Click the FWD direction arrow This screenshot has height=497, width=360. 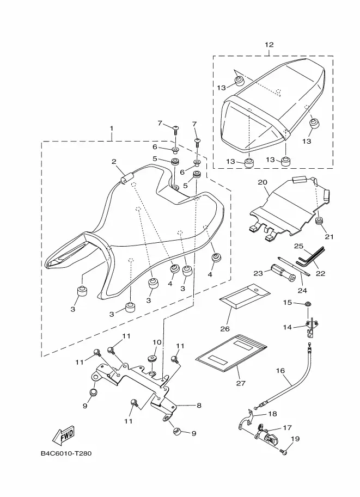(x=64, y=435)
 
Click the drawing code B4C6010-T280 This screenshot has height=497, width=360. (x=66, y=453)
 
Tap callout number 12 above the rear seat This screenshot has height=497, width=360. (x=269, y=45)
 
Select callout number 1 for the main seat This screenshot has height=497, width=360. (x=111, y=128)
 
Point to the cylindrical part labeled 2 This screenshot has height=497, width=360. (x=126, y=178)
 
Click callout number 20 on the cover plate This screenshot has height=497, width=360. (x=263, y=182)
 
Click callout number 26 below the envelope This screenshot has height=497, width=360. (x=225, y=329)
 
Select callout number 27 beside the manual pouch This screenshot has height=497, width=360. (x=241, y=383)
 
